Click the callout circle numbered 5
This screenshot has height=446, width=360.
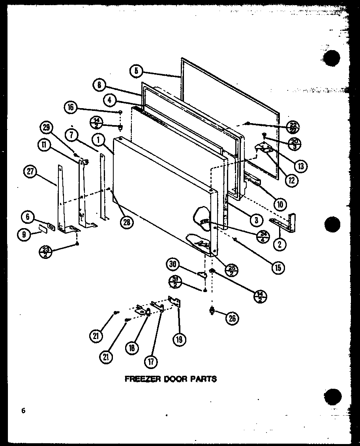click(135, 71)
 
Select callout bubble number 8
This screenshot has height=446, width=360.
click(99, 84)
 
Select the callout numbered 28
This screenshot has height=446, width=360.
click(127, 222)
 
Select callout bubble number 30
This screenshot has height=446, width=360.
click(173, 264)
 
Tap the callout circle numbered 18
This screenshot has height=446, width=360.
click(131, 347)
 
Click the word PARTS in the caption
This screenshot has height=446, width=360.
click(204, 379)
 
